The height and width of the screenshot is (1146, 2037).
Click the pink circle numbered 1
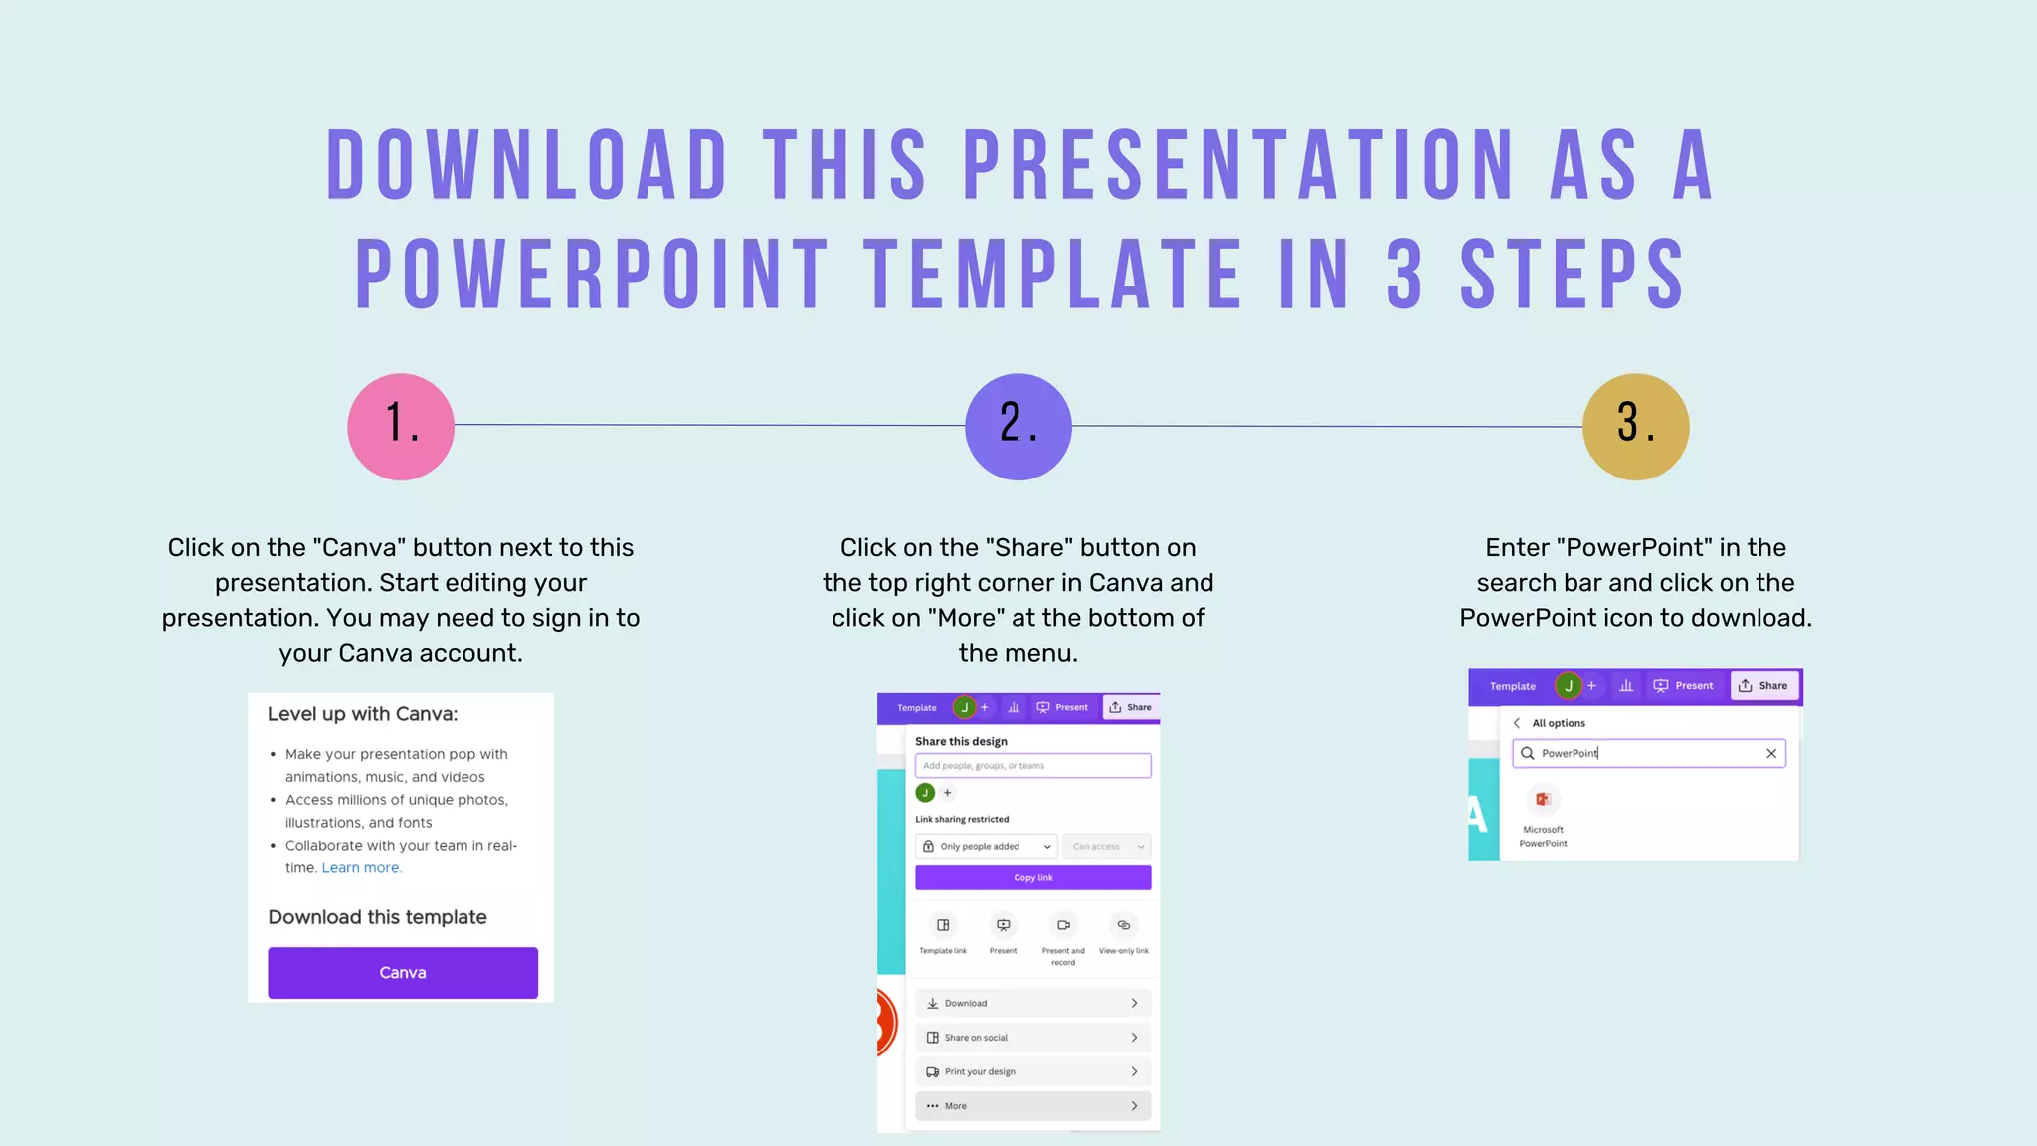(401, 427)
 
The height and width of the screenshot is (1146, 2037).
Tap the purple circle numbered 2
(1018, 427)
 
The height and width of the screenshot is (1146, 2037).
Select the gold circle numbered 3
(1635, 427)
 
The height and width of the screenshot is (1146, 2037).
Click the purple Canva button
(403, 972)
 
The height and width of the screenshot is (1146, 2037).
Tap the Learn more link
(361, 867)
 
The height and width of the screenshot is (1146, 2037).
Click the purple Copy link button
(1032, 877)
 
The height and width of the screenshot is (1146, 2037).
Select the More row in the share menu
(1032, 1105)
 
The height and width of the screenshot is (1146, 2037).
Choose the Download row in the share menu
(1032, 1003)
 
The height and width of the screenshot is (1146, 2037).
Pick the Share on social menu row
(1032, 1037)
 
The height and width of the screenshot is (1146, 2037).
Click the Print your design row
(1032, 1071)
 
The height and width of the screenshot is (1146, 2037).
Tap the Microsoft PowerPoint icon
(1543, 800)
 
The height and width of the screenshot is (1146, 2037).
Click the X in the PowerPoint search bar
(1771, 753)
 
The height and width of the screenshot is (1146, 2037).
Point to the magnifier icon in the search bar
(1528, 753)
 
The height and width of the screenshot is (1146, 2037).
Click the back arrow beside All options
(1517, 723)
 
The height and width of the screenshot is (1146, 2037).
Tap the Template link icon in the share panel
(943, 925)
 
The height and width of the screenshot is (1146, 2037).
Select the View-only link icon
(1123, 925)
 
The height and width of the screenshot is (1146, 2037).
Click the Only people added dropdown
(985, 846)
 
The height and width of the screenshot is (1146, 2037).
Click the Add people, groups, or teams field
(1032, 765)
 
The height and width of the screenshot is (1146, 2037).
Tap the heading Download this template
(378, 917)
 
